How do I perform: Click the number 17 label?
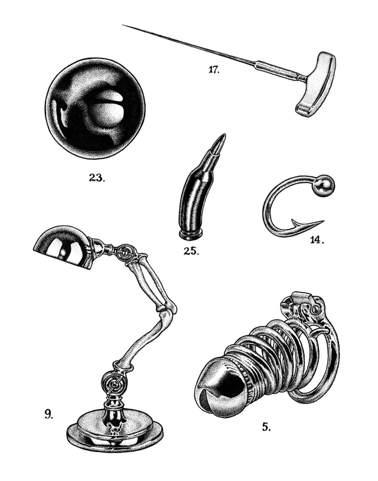click(x=214, y=70)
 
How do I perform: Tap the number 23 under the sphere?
click(x=96, y=178)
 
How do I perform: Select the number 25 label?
click(x=191, y=250)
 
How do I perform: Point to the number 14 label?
click(x=317, y=240)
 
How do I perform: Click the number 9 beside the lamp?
click(x=48, y=414)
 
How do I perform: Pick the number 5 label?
click(x=266, y=426)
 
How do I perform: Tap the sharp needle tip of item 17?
click(x=124, y=25)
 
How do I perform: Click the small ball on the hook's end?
click(x=324, y=186)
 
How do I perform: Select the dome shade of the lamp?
click(x=60, y=246)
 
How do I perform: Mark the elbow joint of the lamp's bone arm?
click(x=166, y=307)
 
